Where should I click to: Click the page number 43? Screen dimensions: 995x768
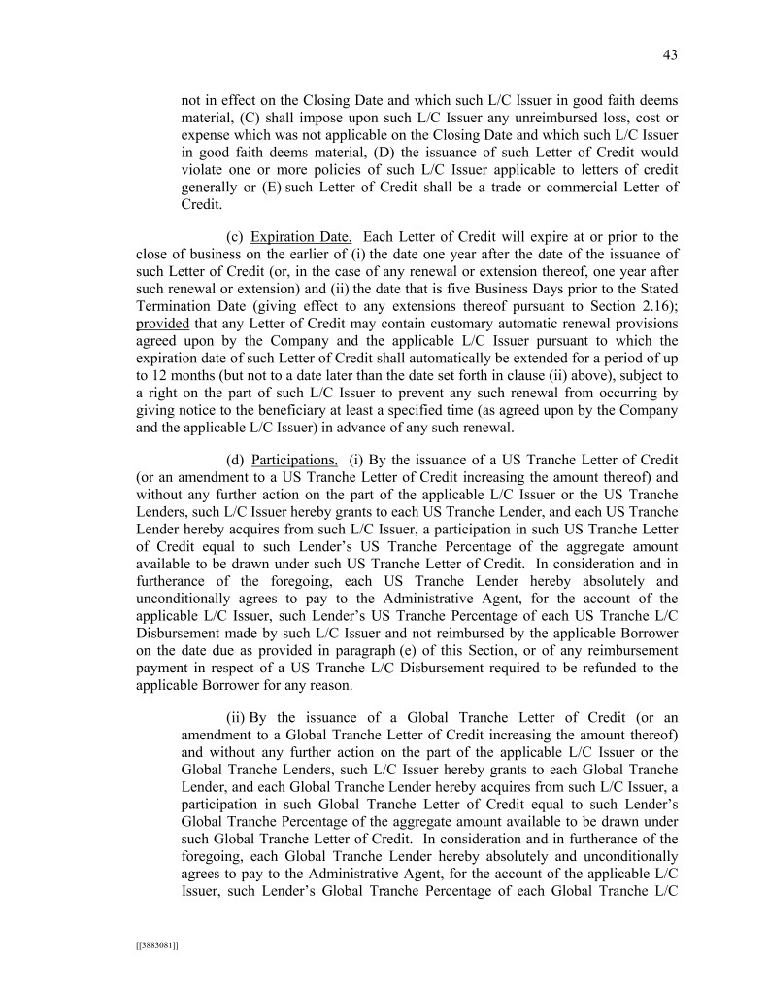(x=670, y=55)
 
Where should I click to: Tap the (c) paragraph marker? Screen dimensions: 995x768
(x=234, y=237)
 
